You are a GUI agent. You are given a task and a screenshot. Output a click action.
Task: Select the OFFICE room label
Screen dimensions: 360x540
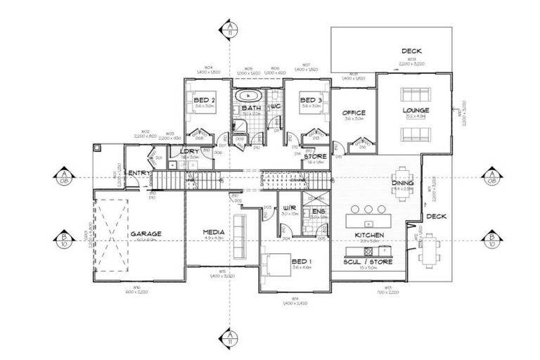click(353, 112)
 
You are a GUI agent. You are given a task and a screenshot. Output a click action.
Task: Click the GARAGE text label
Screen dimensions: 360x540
click(146, 233)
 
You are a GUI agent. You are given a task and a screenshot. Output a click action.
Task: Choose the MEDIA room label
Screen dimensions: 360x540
click(213, 232)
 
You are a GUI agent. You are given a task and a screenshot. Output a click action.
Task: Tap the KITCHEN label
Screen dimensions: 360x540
click(368, 234)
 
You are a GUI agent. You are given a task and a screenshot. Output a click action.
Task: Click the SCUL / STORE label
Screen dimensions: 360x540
click(368, 262)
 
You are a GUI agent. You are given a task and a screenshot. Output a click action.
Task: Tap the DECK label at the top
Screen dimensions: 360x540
click(411, 51)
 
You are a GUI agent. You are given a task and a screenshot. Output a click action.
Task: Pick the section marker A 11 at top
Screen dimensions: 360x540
click(230, 29)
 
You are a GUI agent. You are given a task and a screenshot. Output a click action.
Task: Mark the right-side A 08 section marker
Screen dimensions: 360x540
click(491, 178)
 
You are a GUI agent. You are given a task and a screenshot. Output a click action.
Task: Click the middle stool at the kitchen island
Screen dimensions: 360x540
click(368, 209)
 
